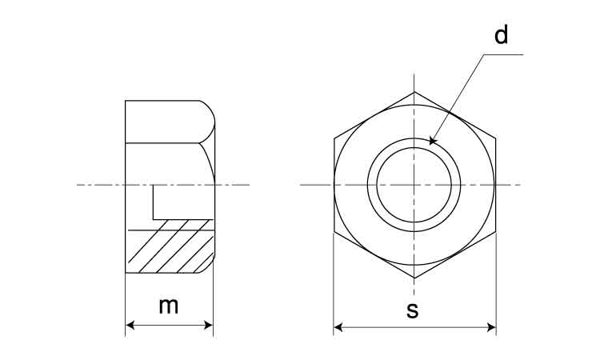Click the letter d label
point(502,34)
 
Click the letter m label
point(169,306)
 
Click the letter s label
point(413,310)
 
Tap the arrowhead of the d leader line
point(432,141)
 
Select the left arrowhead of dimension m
point(130,325)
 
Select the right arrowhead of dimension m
point(209,325)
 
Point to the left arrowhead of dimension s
point(338,327)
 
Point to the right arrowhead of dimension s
point(491,327)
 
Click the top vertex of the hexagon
point(414,92)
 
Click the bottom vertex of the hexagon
point(414,278)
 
